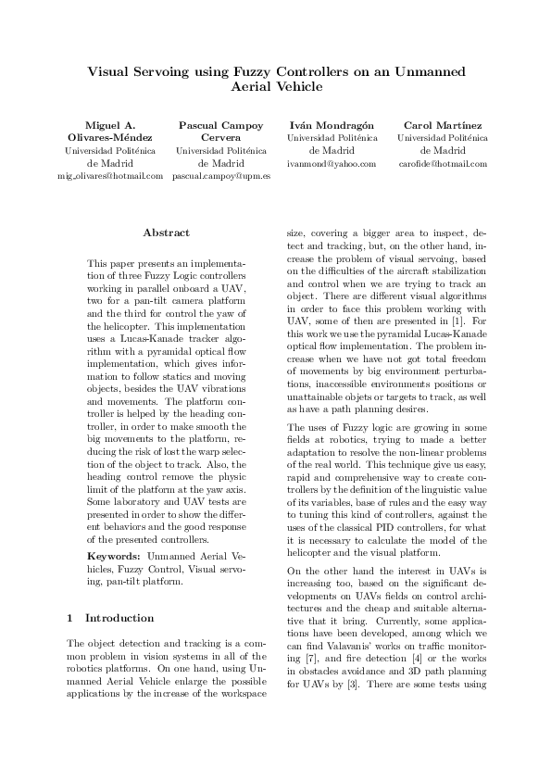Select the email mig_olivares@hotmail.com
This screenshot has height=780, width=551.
(x=109, y=175)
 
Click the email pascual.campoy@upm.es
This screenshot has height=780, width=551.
(x=221, y=175)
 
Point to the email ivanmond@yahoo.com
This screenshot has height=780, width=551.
(x=332, y=163)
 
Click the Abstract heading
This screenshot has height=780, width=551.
(x=167, y=233)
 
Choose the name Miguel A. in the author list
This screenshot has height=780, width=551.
(x=109, y=125)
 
